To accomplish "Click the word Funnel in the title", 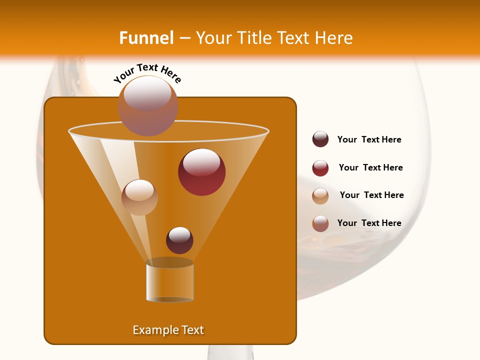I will [x=146, y=38].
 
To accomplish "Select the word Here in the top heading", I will [x=333, y=38].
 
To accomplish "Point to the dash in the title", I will [x=184, y=38].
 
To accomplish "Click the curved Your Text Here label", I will [x=147, y=73].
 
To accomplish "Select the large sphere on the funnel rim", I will [x=147, y=105].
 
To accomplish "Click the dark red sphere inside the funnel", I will [x=201, y=172].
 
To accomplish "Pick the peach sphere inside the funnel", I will [x=139, y=197].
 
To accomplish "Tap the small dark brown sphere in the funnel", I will [x=179, y=240].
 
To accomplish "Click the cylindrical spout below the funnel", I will [x=170, y=281].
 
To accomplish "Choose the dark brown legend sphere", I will [x=320, y=139].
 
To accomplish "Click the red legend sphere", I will [x=320, y=168].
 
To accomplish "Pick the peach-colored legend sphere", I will [x=320, y=196].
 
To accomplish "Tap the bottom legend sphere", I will [x=320, y=223].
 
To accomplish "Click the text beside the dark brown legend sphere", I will [x=369, y=139].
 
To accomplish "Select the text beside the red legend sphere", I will [x=370, y=167].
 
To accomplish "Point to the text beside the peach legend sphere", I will [x=371, y=195].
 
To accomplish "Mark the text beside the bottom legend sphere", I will [x=369, y=223].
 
